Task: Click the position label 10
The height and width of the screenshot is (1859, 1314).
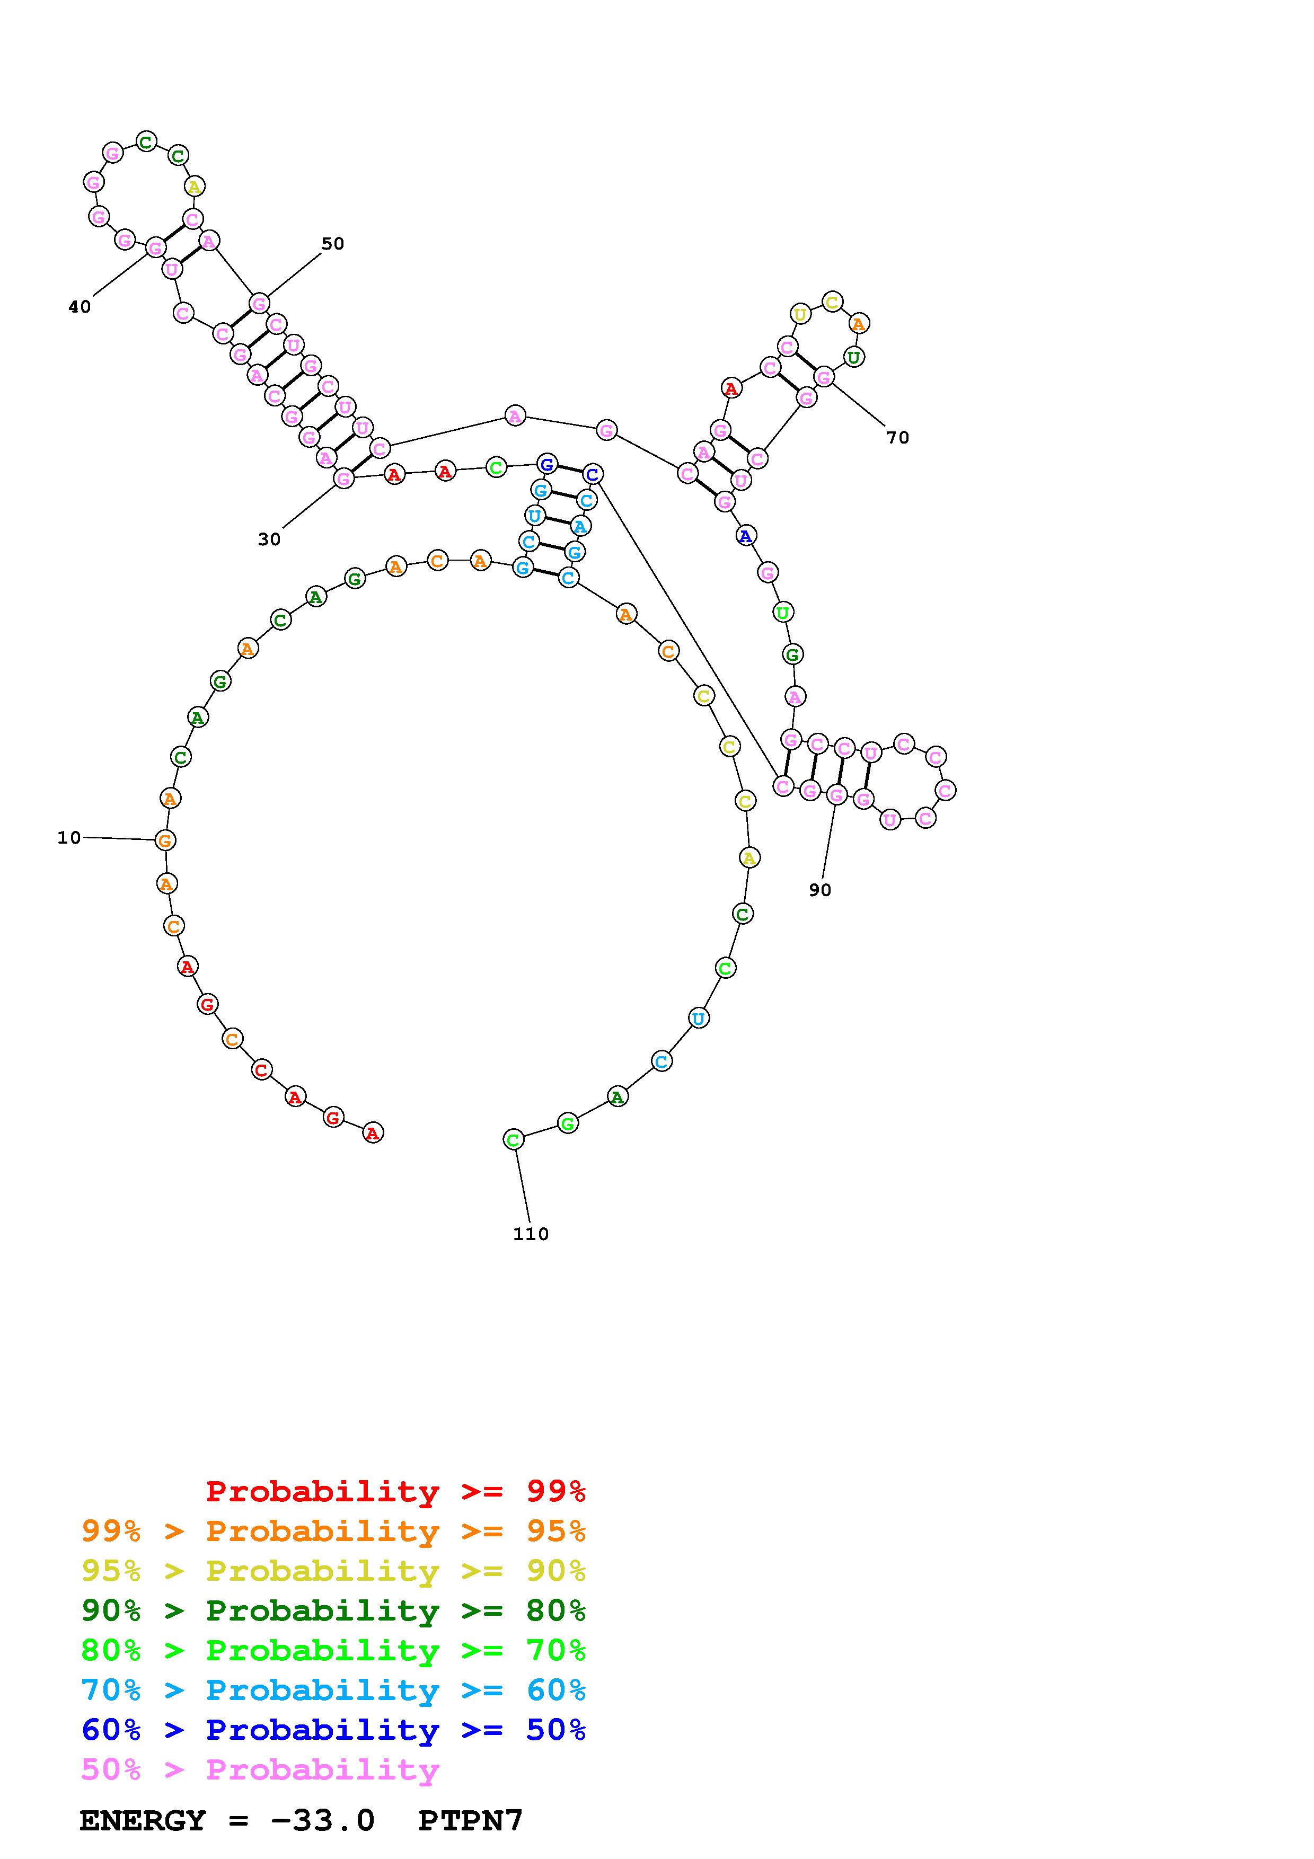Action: click(69, 838)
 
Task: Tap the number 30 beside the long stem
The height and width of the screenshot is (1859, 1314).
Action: click(269, 539)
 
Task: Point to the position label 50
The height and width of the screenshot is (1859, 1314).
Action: click(333, 244)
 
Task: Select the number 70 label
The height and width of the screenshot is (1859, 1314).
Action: click(897, 438)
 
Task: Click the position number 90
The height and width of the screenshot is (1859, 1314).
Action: click(819, 890)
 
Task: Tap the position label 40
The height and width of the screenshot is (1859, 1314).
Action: click(80, 307)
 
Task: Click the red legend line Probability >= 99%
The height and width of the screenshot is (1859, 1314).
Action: click(396, 1491)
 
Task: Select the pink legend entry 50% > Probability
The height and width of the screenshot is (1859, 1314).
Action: click(260, 1770)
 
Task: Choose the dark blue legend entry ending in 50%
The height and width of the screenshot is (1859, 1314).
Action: click(333, 1730)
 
